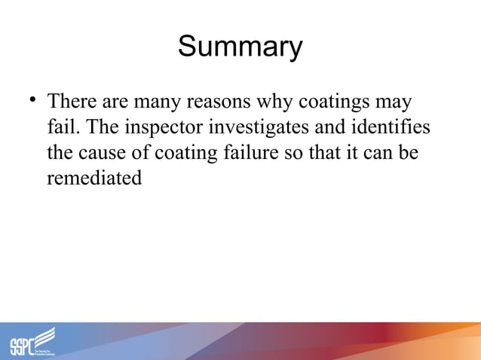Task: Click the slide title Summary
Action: [x=240, y=47]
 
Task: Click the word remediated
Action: [x=94, y=179]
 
